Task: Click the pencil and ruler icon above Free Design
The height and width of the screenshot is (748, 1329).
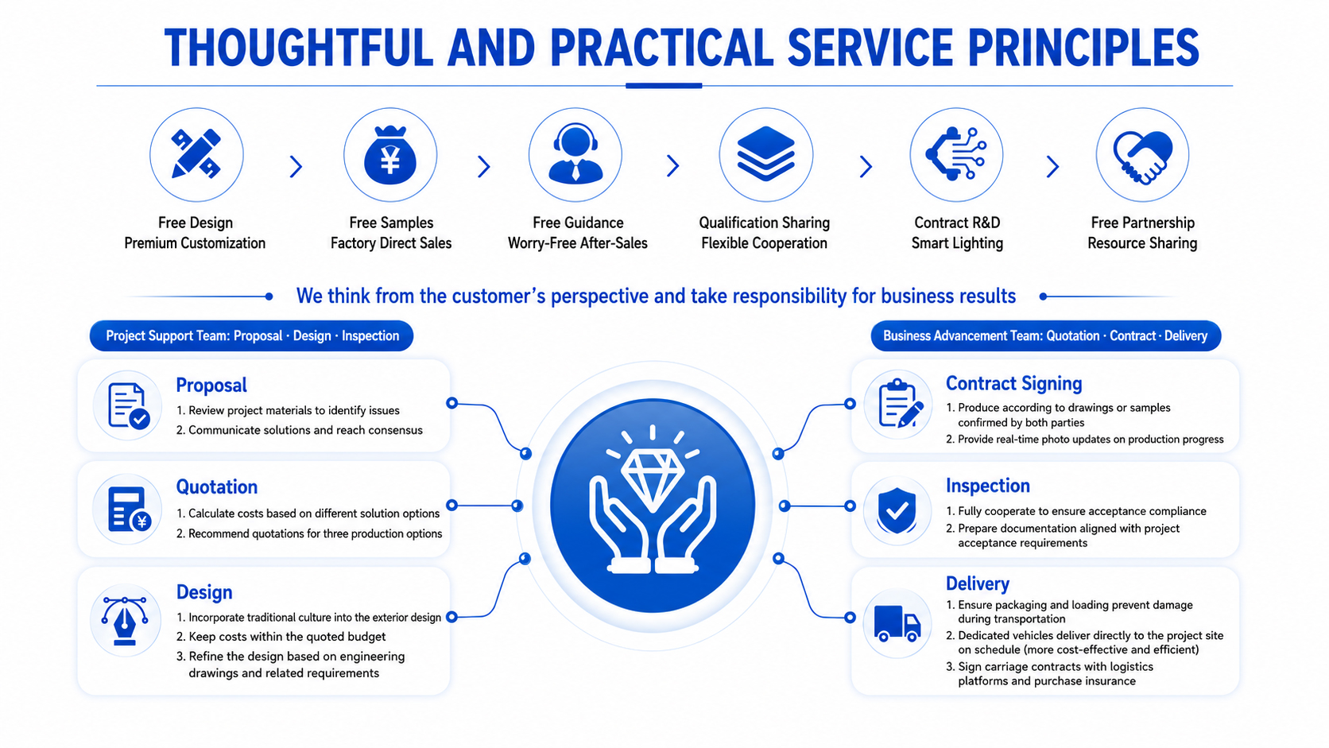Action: [196, 153]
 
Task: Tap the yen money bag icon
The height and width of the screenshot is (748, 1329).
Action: [389, 155]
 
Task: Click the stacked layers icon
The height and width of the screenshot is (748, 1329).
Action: [765, 153]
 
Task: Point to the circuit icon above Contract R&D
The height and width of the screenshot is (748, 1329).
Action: [955, 153]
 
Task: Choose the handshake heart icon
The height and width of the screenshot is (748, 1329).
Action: [1142, 157]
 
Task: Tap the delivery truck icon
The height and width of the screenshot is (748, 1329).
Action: [897, 623]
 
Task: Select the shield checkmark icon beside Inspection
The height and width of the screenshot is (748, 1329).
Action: [897, 511]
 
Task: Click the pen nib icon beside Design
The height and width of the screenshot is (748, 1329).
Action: [125, 621]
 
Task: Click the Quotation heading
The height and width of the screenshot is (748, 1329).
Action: [216, 487]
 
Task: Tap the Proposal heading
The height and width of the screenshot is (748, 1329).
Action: [211, 386]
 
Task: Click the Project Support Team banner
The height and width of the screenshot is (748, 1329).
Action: [251, 335]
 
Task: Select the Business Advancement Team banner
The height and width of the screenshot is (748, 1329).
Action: [1045, 335]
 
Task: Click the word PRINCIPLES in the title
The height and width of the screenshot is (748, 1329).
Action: [1083, 48]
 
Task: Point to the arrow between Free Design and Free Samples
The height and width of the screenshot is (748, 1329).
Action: [296, 167]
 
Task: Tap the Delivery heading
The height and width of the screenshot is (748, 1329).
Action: [977, 583]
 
